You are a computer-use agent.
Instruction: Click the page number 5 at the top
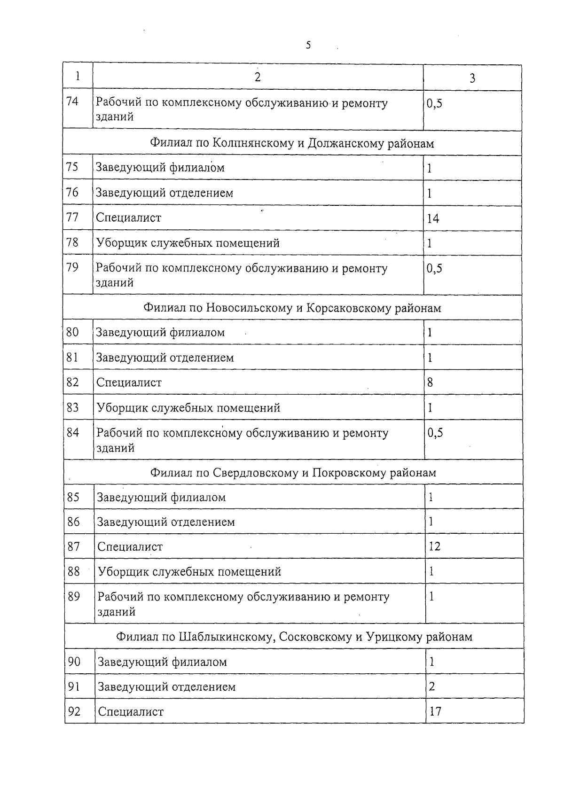[x=308, y=45]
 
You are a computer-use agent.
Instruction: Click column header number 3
[x=472, y=78]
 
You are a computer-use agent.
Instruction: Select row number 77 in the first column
[x=72, y=218]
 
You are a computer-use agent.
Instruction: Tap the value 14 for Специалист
[x=433, y=218]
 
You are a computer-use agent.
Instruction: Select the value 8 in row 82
[x=430, y=382]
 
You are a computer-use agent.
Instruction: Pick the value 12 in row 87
[x=434, y=546]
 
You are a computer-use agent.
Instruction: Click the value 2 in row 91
[x=432, y=686]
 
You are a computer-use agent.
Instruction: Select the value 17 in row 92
[x=435, y=711]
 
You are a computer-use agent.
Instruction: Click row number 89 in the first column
[x=74, y=596]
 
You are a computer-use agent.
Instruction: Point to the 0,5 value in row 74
[x=434, y=103]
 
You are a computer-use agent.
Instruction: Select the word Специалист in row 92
[x=131, y=712]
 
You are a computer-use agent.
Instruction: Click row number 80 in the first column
[x=72, y=332]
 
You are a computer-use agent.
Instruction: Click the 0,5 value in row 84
[x=435, y=433]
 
